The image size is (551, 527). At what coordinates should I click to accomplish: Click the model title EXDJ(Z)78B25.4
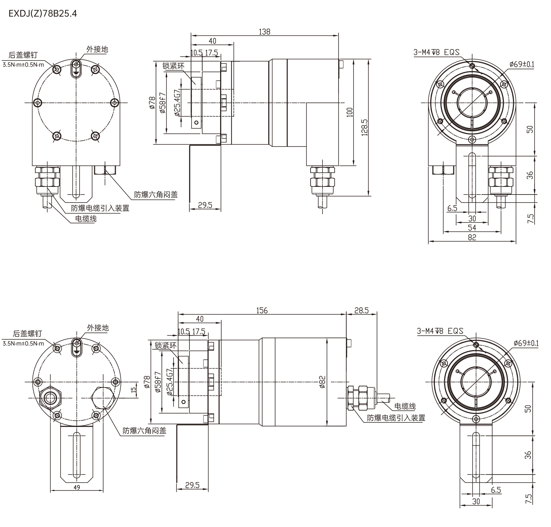tap(43, 14)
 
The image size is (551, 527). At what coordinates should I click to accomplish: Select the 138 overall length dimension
tap(264, 32)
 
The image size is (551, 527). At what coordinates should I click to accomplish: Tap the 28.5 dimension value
tap(361, 310)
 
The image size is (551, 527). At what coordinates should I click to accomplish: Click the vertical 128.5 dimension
tap(364, 127)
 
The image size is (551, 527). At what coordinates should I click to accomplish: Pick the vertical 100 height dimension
tap(349, 112)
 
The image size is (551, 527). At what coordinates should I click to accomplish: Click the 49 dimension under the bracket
tap(77, 488)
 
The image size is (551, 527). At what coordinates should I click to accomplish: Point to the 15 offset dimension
tap(134, 389)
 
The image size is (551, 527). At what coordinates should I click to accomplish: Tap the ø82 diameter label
tap(322, 382)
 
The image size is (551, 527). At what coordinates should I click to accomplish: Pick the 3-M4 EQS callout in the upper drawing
tap(436, 53)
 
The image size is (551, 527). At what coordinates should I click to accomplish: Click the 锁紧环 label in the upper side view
tap(173, 66)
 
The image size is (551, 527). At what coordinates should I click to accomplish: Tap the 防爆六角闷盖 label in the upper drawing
tap(156, 194)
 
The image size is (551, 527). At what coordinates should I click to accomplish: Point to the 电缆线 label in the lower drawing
tap(405, 406)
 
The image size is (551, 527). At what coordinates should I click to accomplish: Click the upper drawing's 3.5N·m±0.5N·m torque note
tap(23, 65)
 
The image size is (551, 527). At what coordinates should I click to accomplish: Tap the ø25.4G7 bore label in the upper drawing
tap(177, 103)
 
